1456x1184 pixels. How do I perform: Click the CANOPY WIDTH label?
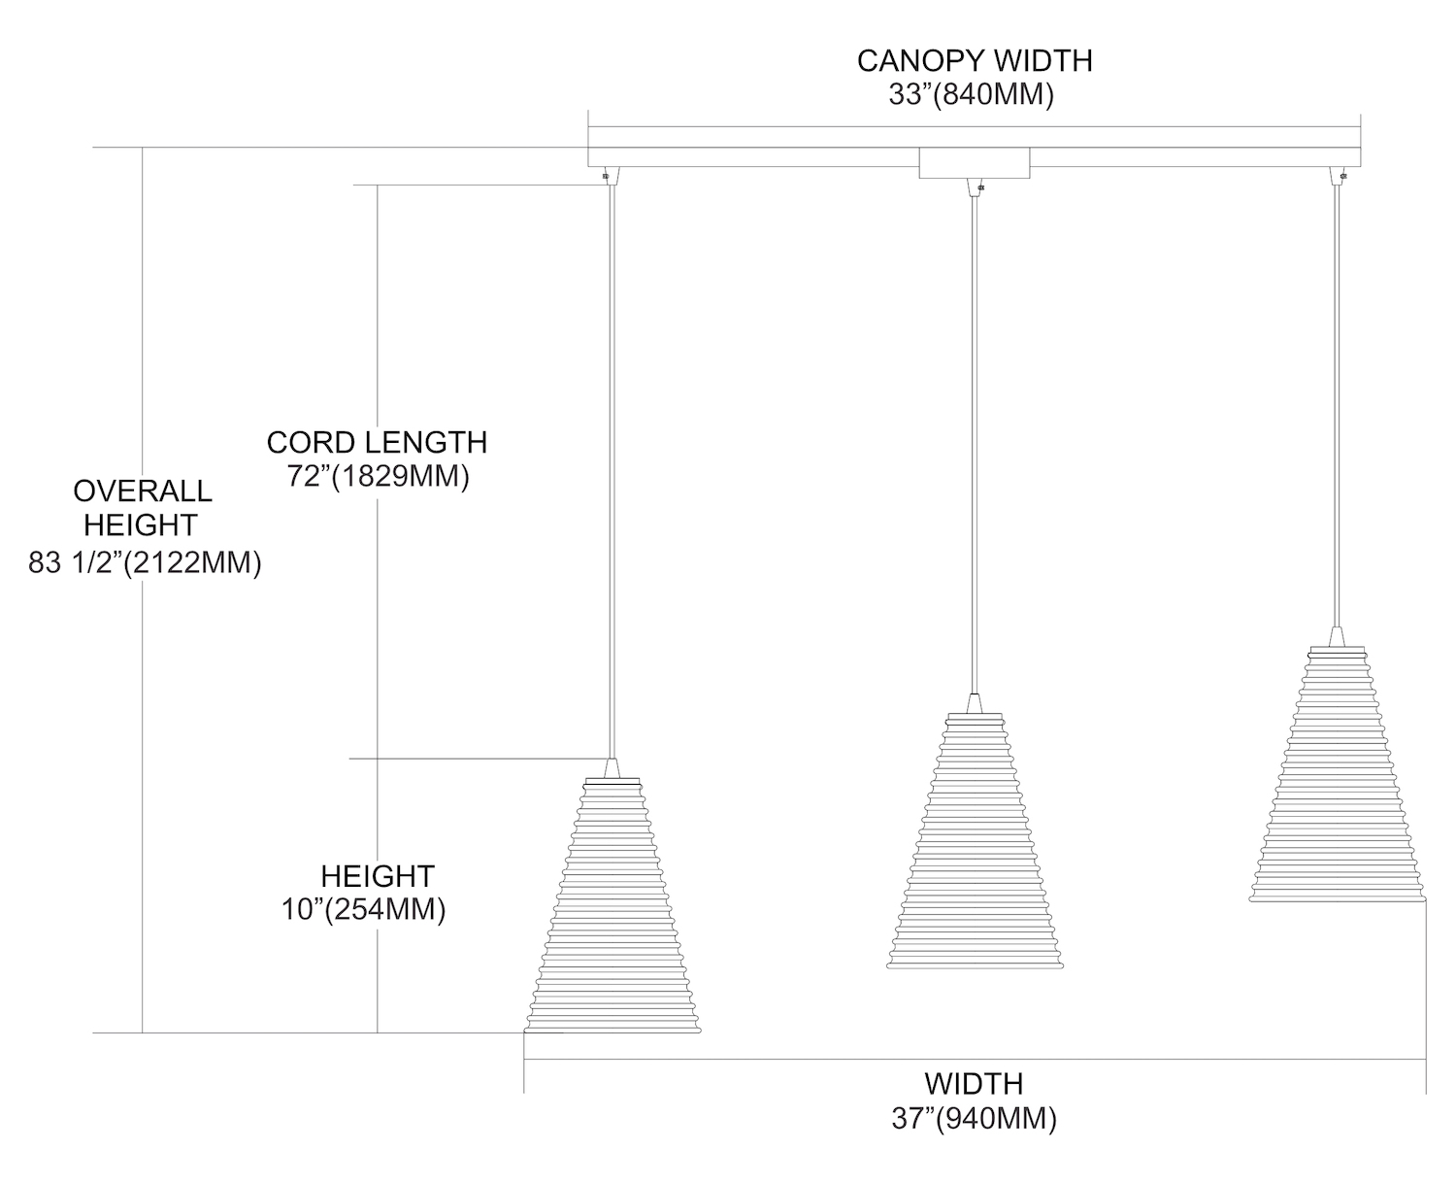pos(974,60)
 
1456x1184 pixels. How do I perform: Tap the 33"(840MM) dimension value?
pos(971,96)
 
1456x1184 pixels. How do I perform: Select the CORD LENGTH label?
pos(377,443)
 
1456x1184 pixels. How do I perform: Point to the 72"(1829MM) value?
pos(379,477)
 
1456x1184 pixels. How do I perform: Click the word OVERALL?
pos(142,491)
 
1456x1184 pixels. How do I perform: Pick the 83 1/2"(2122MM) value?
pos(145,563)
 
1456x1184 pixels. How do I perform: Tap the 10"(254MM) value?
pos(363,910)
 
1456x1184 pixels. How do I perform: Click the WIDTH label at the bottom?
pos(974,1083)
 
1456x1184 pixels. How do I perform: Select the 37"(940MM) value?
pos(974,1118)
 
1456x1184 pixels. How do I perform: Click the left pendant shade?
pos(612,913)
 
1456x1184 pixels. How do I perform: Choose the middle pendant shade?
pos(975,845)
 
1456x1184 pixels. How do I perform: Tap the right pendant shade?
pos(1337,777)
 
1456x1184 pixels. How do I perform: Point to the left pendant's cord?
pos(612,466)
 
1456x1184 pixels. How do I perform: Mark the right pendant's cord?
pos(1337,408)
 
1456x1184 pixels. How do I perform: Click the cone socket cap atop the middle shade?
pos(975,703)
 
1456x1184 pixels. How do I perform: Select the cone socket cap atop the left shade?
pos(612,768)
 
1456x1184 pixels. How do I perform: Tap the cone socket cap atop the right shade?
pos(1337,636)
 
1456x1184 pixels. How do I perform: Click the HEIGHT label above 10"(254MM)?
pos(377,876)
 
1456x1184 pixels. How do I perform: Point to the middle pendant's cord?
pos(975,437)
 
